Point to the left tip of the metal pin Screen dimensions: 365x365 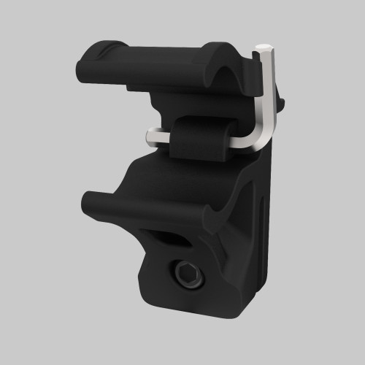149,136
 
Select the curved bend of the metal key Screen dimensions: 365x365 260,139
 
